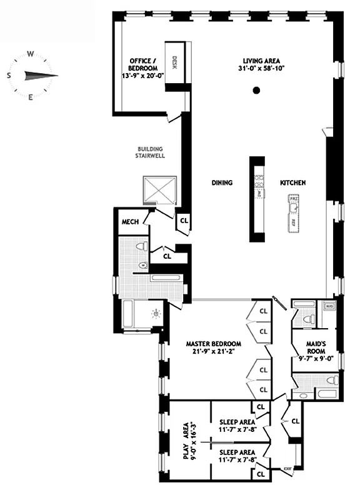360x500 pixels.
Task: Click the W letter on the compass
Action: coord(30,54)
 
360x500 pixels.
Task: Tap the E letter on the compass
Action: coord(31,97)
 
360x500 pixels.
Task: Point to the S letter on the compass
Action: coord(9,76)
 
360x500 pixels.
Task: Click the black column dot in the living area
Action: coord(256,91)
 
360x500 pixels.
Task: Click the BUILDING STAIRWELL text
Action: coord(150,152)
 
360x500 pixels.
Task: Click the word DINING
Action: coord(222,183)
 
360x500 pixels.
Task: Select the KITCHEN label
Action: coord(292,183)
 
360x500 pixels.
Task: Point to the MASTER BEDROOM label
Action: coord(213,344)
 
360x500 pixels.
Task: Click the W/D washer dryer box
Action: coord(329,306)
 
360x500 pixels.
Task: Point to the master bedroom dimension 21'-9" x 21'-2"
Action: coord(213,352)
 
